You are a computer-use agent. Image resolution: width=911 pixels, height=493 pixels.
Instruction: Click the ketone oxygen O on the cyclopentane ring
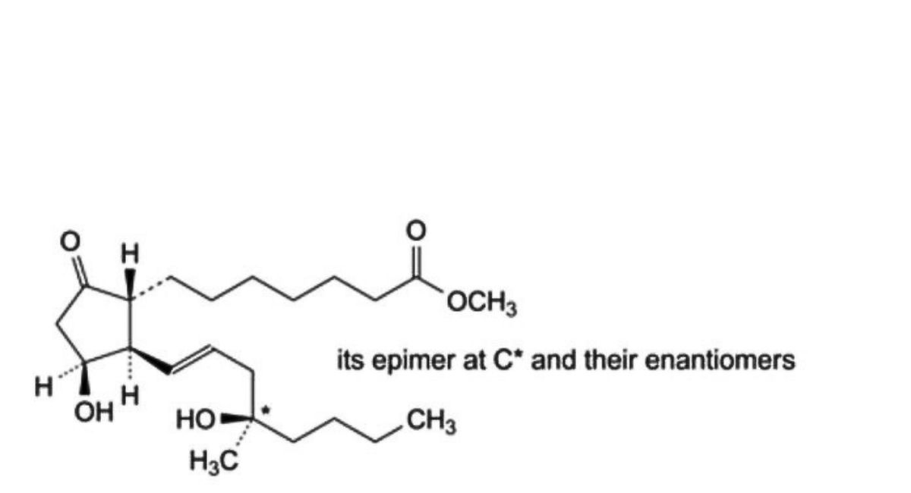[70, 241]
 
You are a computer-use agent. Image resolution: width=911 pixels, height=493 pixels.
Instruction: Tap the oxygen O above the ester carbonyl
[416, 230]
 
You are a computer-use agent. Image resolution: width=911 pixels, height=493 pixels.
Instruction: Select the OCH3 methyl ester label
[482, 303]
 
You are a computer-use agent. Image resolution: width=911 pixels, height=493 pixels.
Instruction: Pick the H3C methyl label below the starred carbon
[214, 463]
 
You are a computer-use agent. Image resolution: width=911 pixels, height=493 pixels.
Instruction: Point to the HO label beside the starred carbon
[195, 420]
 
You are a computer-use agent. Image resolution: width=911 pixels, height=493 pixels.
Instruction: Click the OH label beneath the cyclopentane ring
[94, 413]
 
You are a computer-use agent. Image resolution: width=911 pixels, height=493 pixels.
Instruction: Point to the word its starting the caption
[351, 360]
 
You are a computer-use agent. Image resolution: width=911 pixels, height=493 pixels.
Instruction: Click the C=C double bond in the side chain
[191, 360]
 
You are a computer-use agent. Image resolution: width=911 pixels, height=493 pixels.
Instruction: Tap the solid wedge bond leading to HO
[236, 418]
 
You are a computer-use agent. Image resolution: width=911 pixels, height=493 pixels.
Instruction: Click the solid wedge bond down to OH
[84, 378]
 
